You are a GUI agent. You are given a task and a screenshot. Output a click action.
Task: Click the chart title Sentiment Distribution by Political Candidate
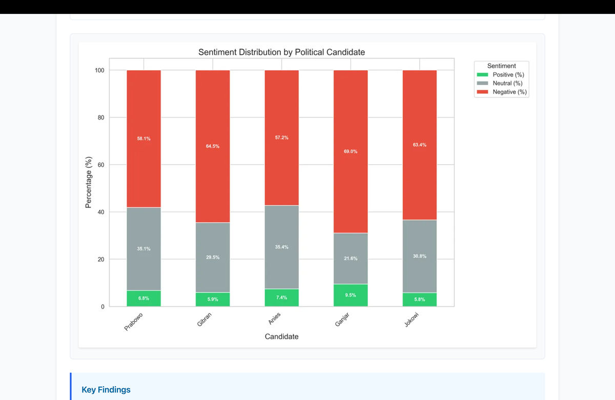[281, 52]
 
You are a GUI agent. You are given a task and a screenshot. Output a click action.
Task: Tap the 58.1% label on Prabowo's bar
[143, 138]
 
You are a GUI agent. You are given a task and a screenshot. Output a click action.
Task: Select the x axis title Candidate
[281, 337]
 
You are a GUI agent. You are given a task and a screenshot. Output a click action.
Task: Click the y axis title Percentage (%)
[88, 182]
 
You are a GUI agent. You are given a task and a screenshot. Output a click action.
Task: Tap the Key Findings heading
[106, 390]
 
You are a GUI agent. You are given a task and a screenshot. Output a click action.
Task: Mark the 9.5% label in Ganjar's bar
[351, 295]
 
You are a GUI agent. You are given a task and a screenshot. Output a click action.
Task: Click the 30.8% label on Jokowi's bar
[419, 256]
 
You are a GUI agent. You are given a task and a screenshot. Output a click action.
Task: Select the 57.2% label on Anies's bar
[281, 137]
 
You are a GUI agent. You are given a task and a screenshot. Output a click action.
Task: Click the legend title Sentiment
[501, 66]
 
